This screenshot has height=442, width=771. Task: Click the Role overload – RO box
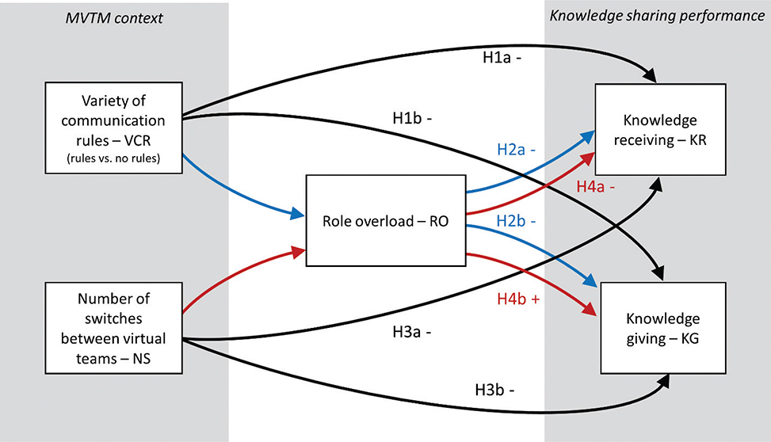pyautogui.click(x=385, y=222)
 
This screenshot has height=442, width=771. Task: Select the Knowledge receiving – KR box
pyautogui.click(x=660, y=130)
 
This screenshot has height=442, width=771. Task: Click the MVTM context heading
pyautogui.click(x=115, y=17)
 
